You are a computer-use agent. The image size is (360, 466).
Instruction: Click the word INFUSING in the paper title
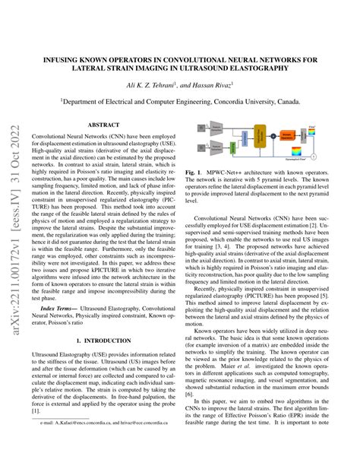coord(77,56)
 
